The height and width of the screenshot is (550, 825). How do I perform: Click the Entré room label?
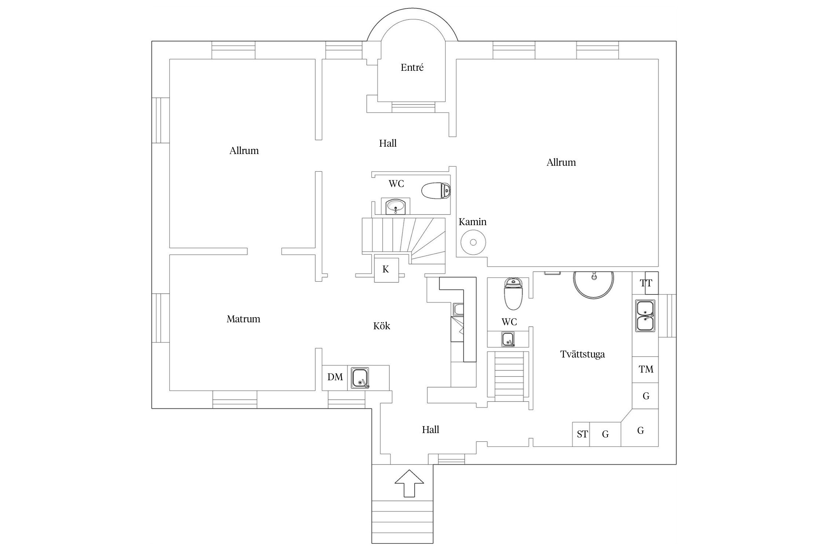[412, 67]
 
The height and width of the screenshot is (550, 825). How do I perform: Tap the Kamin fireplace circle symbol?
[473, 242]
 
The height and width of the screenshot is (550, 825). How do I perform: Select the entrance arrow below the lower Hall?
[409, 483]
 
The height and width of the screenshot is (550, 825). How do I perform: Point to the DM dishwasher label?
[335, 377]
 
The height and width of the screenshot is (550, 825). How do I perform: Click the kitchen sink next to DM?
[360, 378]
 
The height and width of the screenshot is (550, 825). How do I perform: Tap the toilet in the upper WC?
[436, 191]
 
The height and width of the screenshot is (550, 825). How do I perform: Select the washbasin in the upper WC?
[395, 206]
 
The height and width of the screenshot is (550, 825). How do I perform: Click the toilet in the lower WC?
[513, 294]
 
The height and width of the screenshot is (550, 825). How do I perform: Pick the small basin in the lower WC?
[508, 339]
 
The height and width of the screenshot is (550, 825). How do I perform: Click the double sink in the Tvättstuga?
[645, 316]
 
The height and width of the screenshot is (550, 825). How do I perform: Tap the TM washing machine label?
[646, 369]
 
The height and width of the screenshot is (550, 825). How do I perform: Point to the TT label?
[646, 283]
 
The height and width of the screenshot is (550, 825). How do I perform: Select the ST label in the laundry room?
[582, 434]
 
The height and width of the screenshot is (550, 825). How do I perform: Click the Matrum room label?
[243, 319]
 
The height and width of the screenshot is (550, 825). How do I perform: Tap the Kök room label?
[382, 326]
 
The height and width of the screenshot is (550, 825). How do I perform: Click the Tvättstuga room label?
[583, 354]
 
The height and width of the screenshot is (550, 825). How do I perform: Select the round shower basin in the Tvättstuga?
[594, 285]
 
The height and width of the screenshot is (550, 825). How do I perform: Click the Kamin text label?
[473, 222]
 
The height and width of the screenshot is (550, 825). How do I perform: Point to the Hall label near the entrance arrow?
[430, 429]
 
